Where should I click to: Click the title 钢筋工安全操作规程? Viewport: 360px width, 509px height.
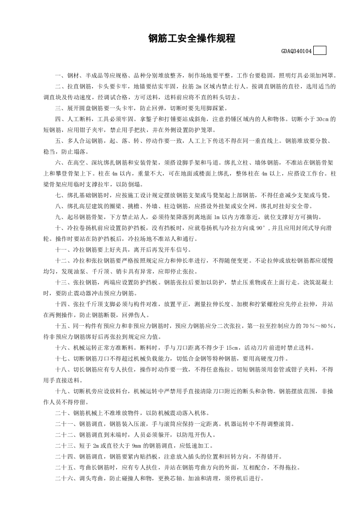point(192,39)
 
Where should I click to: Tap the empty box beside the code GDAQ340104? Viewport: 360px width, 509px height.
point(320,51)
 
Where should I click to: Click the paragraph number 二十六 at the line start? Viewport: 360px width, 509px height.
point(64,478)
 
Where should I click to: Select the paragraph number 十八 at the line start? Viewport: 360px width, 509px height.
point(61,369)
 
